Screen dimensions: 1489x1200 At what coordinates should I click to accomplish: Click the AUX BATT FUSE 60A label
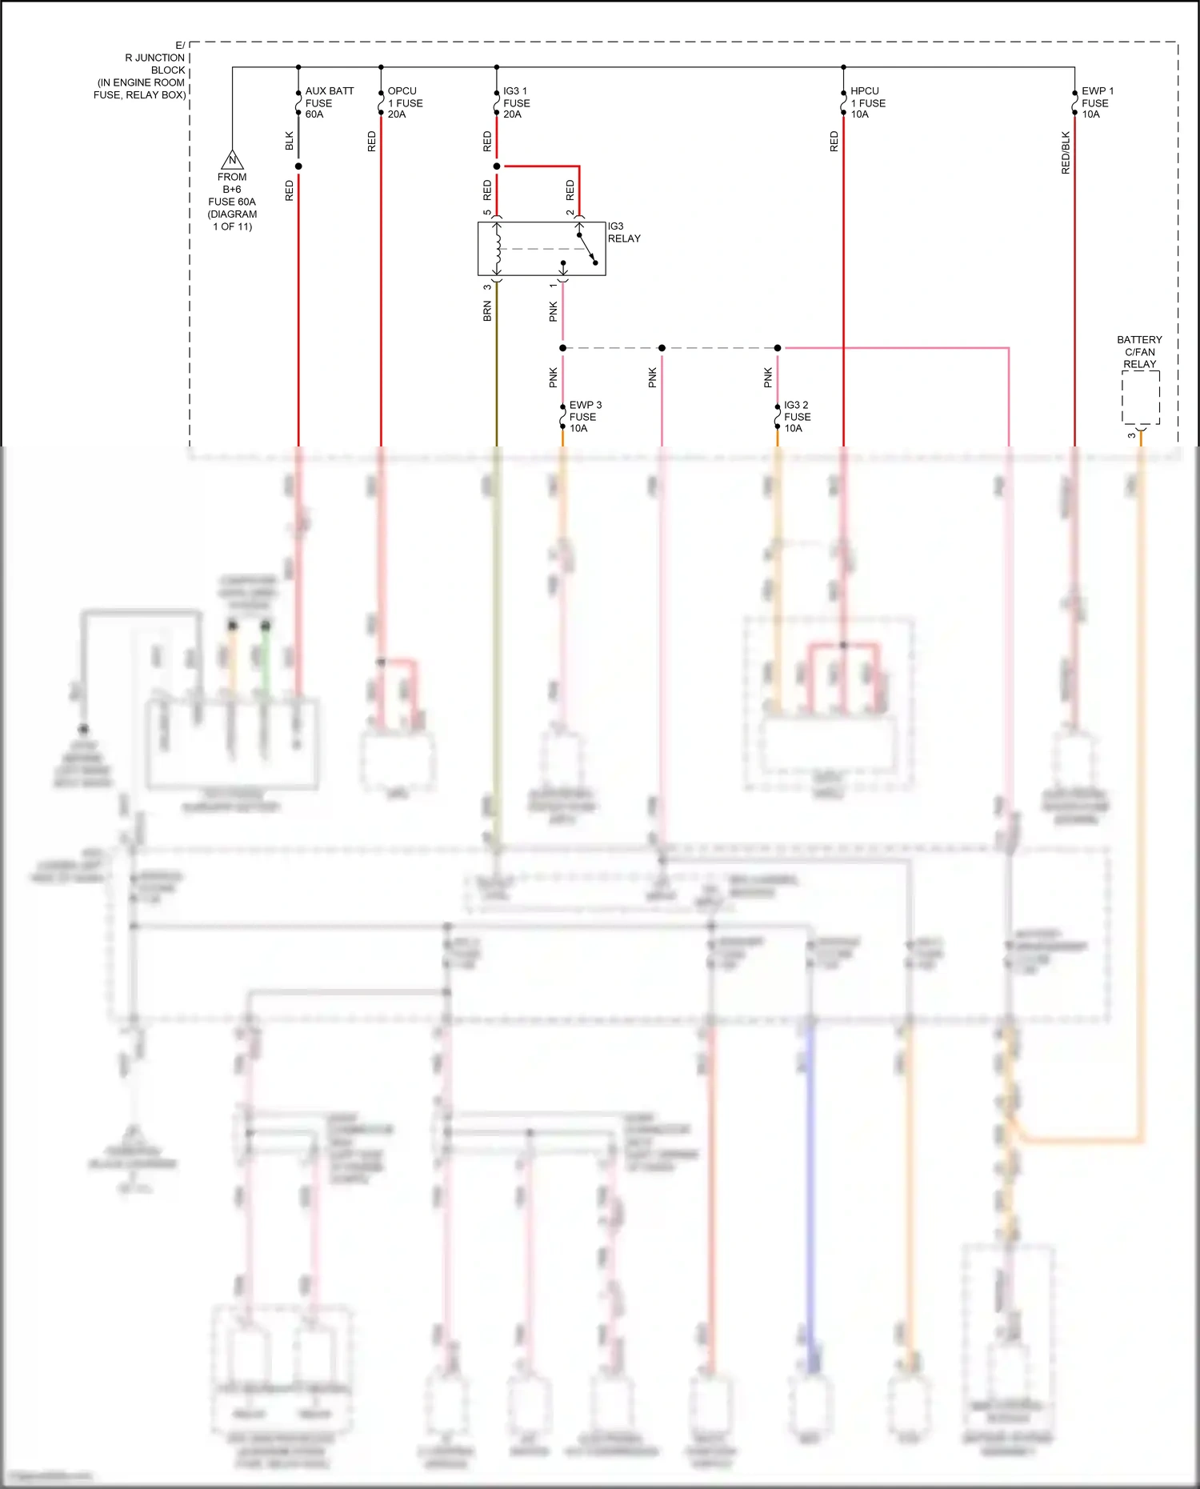point(328,102)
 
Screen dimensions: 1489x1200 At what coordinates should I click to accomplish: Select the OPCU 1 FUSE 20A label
point(405,102)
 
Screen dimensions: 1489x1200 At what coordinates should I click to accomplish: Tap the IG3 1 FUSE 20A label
point(516,102)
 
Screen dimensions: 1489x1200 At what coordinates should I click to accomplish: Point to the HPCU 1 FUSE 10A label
point(867,102)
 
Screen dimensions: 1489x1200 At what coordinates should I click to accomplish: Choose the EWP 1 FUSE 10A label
point(1097,102)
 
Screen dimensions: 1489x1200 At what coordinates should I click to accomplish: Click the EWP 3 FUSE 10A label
point(585,416)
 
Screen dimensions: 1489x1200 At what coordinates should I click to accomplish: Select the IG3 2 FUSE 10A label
point(796,416)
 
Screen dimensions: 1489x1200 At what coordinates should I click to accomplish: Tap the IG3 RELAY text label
point(624,232)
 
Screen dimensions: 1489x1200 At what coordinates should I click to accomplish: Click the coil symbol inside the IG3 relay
point(498,249)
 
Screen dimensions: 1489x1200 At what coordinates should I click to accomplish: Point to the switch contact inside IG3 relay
point(587,248)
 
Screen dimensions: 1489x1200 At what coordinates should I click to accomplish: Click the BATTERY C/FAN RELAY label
point(1139,352)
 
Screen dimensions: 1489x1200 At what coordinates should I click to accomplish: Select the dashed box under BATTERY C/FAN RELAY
point(1140,398)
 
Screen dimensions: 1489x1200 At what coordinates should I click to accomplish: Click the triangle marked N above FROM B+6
point(232,160)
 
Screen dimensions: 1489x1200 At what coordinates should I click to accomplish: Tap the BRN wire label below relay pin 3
point(487,311)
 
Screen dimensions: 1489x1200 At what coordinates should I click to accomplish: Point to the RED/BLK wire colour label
point(1065,153)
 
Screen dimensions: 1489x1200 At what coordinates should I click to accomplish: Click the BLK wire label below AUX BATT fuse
point(289,141)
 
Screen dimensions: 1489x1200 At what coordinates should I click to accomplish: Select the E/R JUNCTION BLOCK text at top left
point(144,70)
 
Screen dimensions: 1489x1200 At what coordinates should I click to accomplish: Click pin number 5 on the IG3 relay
point(487,213)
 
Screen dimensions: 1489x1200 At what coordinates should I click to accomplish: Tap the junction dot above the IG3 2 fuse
point(778,348)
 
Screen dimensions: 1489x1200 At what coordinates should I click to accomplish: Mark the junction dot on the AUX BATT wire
point(298,166)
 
